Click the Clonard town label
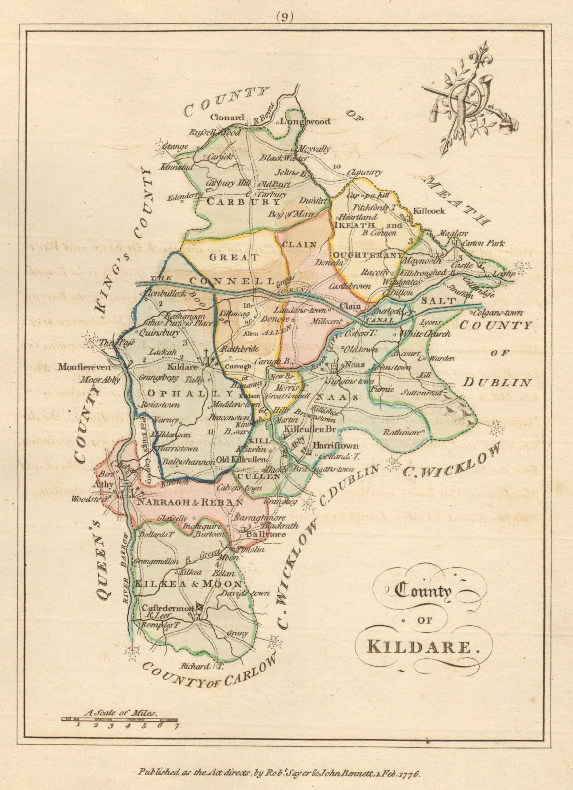pos(227,118)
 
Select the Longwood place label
pos(305,121)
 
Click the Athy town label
pos(103,485)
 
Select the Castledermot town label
pos(168,609)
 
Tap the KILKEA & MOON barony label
pos(189,584)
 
